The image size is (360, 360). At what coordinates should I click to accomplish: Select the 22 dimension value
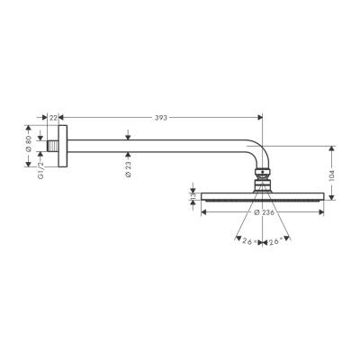pos(53,117)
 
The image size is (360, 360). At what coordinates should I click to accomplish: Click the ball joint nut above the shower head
pos(263,176)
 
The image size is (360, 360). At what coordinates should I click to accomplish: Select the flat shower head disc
pos(263,195)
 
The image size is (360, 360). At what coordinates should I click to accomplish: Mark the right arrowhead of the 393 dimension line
pos(259,117)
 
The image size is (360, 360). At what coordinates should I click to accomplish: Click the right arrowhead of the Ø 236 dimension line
pos(323,212)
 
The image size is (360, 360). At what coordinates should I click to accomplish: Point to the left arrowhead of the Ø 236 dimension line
pos(202,212)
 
